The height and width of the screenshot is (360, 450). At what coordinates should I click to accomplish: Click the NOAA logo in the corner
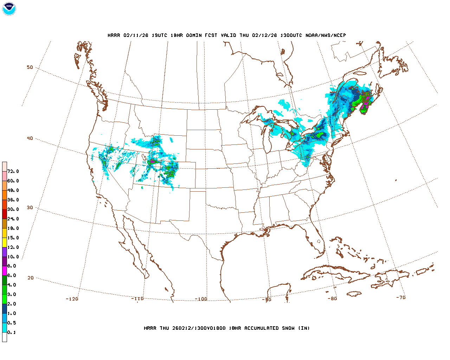[9, 9]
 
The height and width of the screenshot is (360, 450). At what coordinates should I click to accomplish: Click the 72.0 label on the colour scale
[13, 172]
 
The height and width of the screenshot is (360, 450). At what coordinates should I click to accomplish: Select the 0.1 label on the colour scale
[12, 333]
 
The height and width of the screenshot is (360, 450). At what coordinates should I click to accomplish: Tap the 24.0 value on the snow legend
[13, 219]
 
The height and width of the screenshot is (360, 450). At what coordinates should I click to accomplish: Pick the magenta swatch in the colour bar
[5, 271]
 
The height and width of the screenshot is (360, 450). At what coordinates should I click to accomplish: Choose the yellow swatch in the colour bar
[5, 242]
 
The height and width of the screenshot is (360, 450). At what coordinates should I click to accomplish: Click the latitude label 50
[30, 67]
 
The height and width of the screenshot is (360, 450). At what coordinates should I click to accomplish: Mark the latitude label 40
[30, 139]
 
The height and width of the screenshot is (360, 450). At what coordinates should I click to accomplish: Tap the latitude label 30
[30, 208]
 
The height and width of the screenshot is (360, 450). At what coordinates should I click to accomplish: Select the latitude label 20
[31, 278]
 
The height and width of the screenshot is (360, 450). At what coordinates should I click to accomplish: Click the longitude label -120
[72, 299]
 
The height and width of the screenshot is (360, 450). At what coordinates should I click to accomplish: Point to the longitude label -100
[201, 299]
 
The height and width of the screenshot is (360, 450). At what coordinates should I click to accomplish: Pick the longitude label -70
[401, 297]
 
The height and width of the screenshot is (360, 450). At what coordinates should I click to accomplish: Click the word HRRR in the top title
[114, 36]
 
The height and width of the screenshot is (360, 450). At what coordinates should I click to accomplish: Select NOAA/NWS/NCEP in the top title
[326, 36]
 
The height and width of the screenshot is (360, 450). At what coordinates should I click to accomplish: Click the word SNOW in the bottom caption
[288, 328]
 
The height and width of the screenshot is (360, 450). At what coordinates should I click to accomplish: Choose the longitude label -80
[332, 299]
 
